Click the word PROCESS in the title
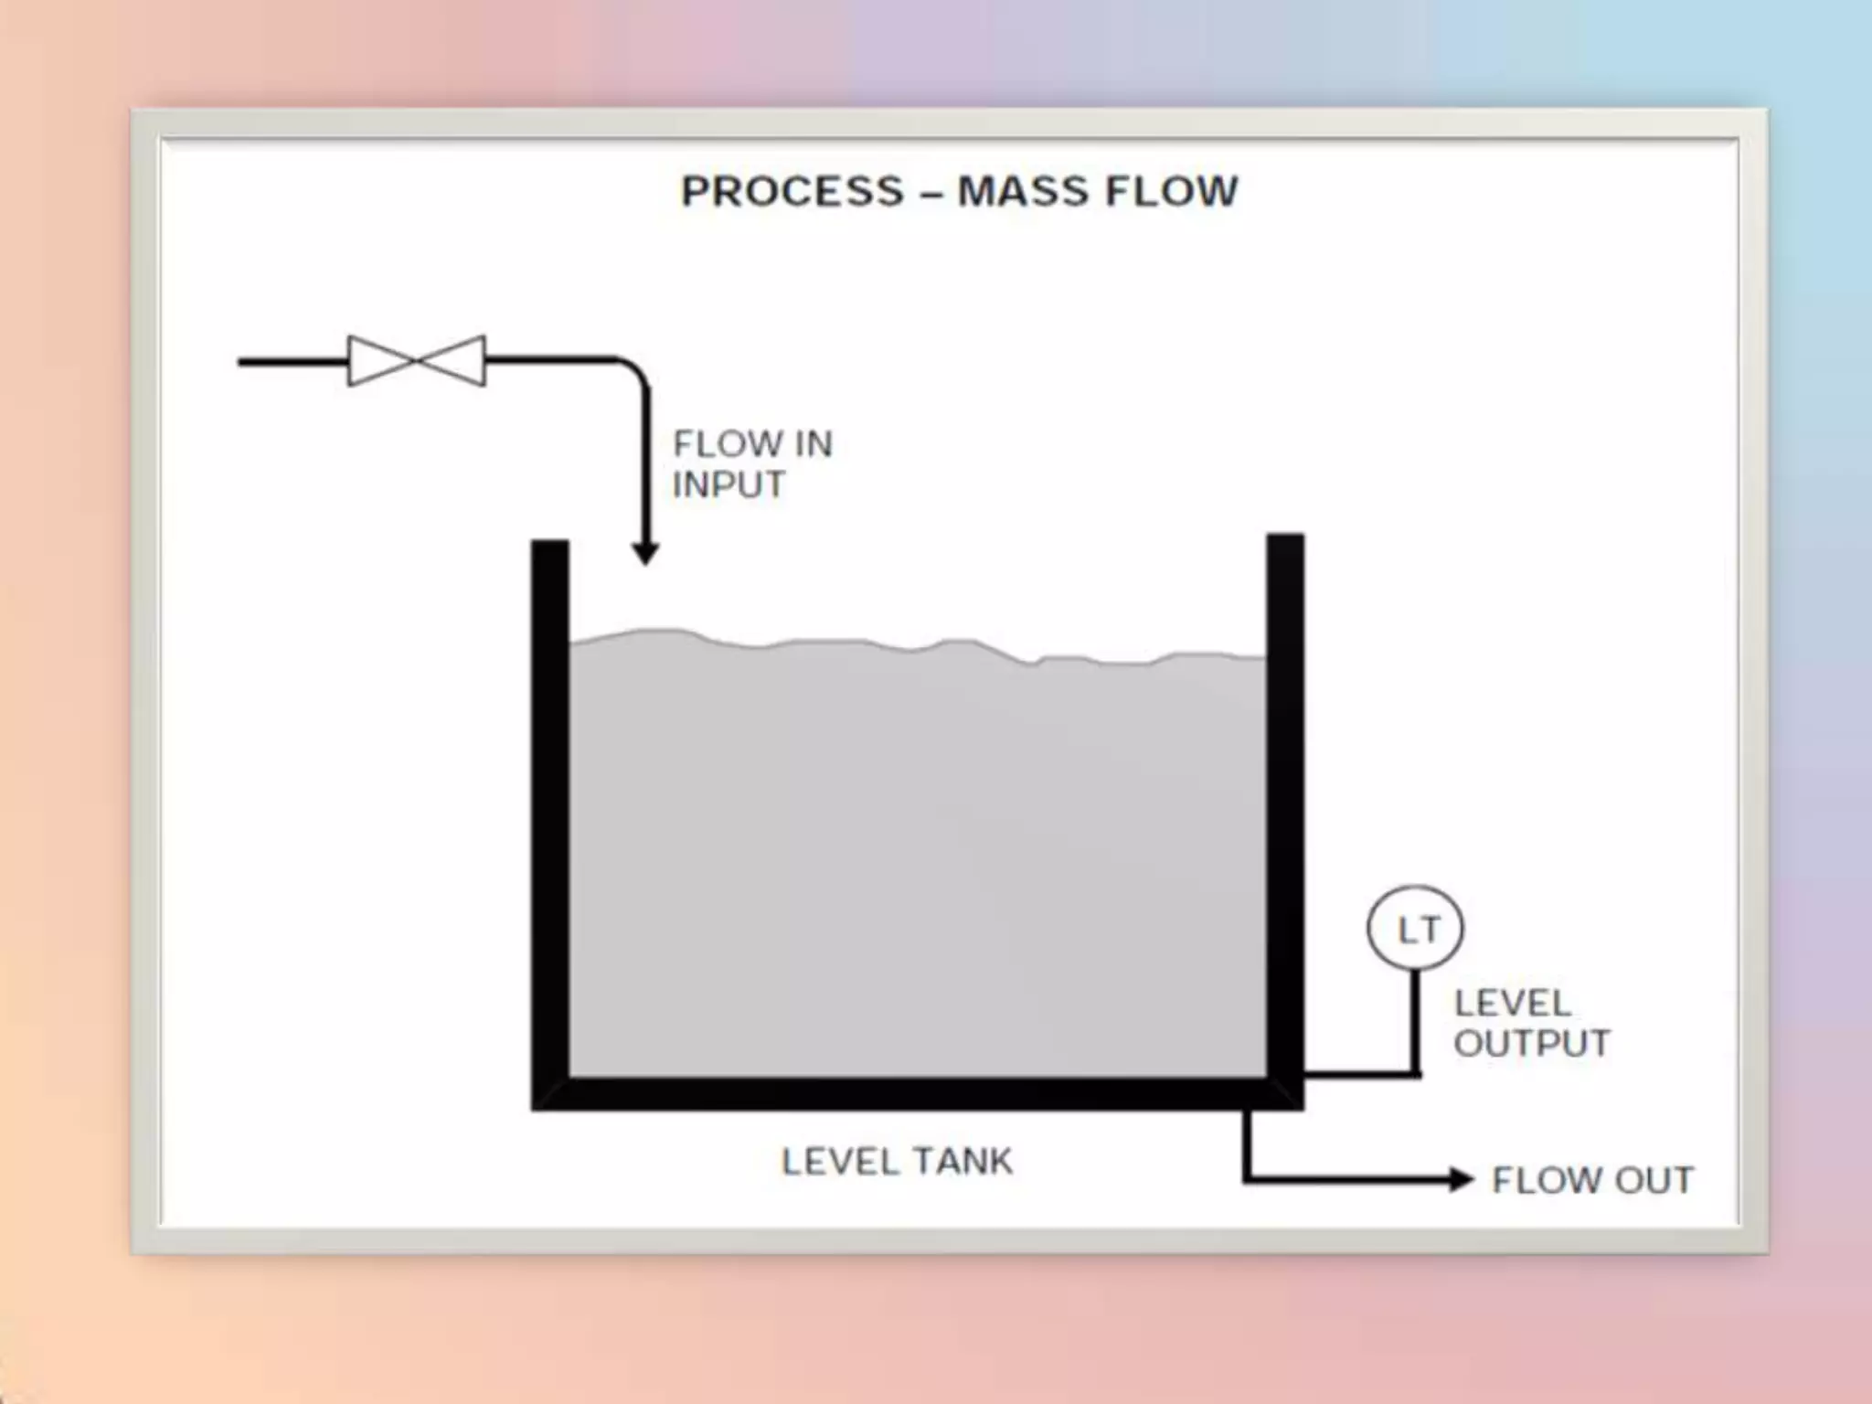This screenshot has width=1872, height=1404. tap(792, 192)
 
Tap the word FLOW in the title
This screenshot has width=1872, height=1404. tap(1172, 192)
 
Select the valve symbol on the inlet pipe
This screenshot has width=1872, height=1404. tap(417, 361)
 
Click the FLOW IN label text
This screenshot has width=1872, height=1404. tap(753, 444)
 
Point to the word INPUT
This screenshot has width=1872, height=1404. tap(729, 484)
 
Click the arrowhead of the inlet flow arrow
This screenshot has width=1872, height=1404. tap(645, 553)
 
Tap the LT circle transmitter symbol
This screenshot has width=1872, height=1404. tap(1415, 929)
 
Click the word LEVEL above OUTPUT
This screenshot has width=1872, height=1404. tap(1513, 1004)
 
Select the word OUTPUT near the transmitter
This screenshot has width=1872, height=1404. tap(1532, 1044)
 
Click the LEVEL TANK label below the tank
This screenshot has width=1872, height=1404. tap(897, 1162)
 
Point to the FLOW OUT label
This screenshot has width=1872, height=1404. tap(1592, 1180)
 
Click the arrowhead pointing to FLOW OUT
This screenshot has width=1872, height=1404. tap(1461, 1180)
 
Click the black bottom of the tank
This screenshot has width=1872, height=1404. tap(914, 1093)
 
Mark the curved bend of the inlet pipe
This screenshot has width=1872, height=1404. tap(634, 371)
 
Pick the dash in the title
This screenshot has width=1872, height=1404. tap(931, 194)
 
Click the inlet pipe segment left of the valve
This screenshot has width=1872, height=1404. tap(292, 362)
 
